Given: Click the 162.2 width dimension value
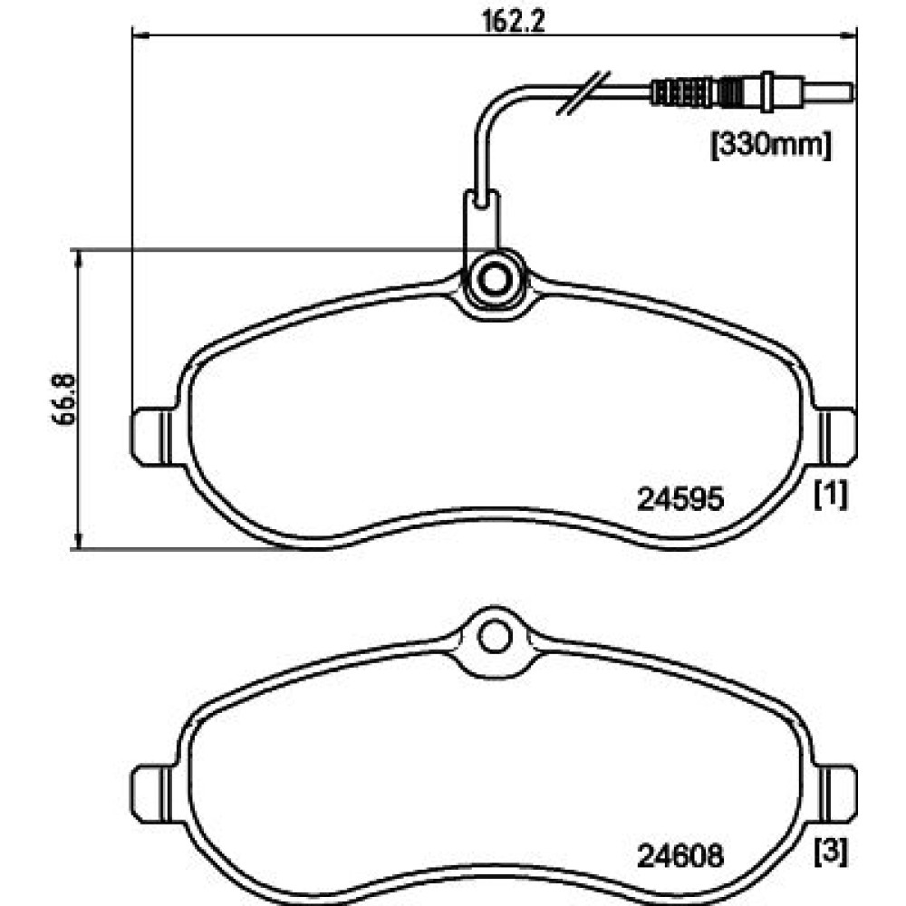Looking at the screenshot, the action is point(514,22).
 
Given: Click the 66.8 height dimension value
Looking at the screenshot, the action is point(63,400).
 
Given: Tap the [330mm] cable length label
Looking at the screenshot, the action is point(771,145).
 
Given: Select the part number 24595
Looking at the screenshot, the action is point(680,498).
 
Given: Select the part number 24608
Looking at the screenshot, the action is point(680,856).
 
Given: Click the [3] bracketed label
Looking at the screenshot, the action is point(831,851).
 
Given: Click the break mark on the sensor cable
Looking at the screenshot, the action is point(583,92).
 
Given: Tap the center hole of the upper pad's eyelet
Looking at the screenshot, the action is point(494,279).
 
